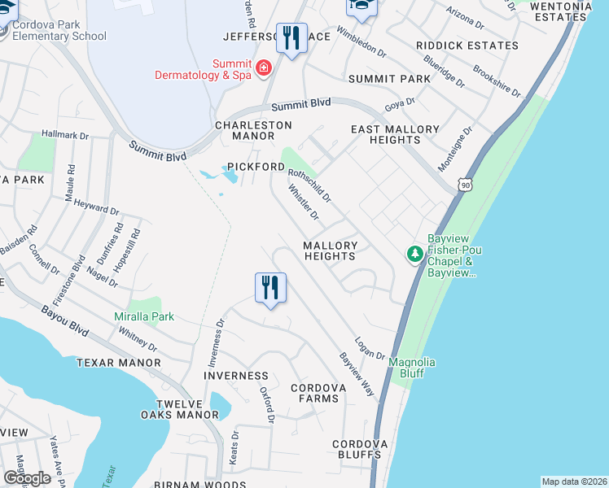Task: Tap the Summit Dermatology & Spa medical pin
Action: tap(263, 68)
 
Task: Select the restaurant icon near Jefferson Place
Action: tap(291, 37)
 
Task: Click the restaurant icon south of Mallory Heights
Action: tap(270, 287)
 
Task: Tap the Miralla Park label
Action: tap(144, 316)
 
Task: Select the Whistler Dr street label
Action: tap(303, 203)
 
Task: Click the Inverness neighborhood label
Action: tap(236, 376)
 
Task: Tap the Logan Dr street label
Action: tap(370, 347)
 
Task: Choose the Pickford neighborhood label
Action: tap(256, 167)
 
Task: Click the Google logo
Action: tap(27, 478)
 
